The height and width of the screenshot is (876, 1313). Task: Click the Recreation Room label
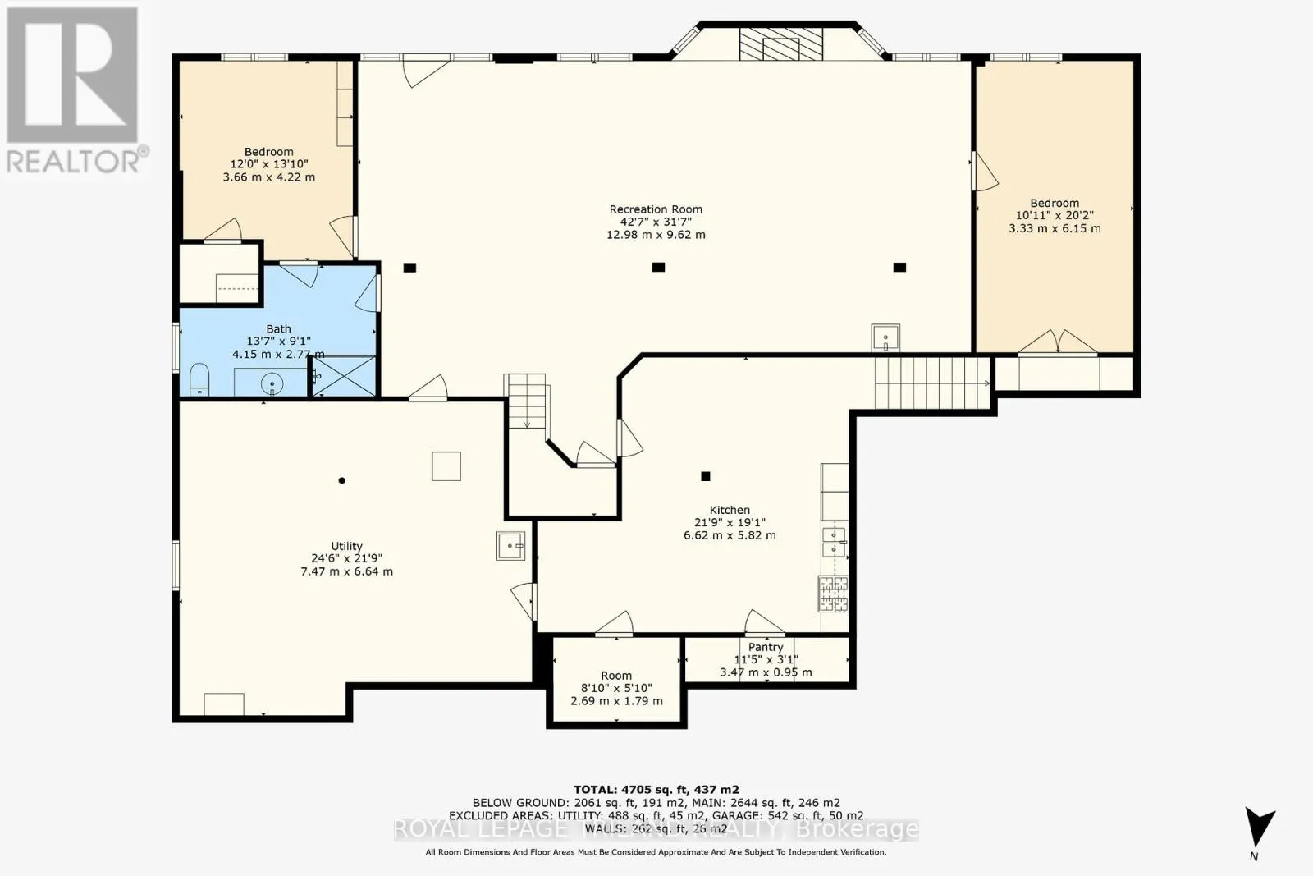click(x=656, y=209)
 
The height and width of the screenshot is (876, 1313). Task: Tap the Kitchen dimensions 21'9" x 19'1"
click(x=730, y=522)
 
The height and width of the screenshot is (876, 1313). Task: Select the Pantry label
click(x=766, y=647)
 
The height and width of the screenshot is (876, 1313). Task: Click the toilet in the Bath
click(x=199, y=380)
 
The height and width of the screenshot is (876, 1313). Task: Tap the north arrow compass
click(x=1258, y=828)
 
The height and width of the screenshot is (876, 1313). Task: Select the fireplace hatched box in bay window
click(x=780, y=44)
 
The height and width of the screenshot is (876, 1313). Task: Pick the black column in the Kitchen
click(x=705, y=476)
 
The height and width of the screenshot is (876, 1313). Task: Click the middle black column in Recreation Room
click(x=657, y=267)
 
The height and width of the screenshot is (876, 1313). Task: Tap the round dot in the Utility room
click(x=342, y=480)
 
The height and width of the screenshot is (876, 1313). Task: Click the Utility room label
click(x=346, y=546)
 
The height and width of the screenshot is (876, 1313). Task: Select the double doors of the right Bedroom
click(x=1058, y=342)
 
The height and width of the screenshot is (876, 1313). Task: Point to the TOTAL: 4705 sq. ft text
click(x=656, y=790)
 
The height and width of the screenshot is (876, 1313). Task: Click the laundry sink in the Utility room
click(x=510, y=545)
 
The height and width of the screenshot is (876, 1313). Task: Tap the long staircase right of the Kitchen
click(x=931, y=383)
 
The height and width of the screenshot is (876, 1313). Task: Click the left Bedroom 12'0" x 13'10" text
click(x=268, y=164)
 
